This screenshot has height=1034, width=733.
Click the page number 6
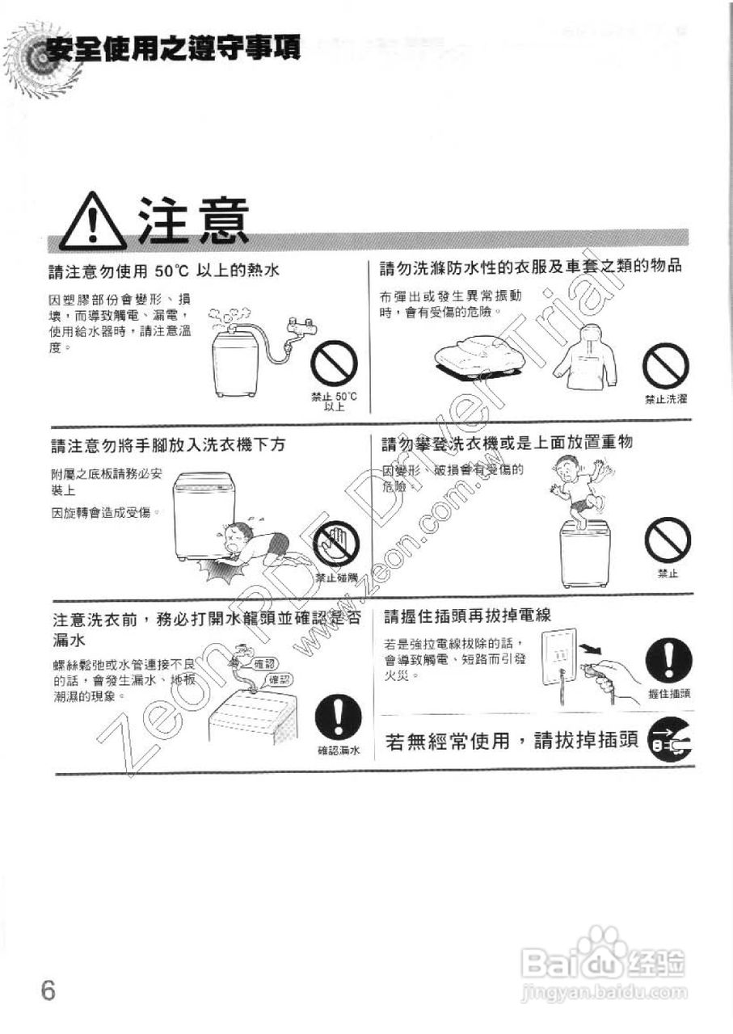48,990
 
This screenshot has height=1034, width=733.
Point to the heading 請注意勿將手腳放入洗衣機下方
168,445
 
